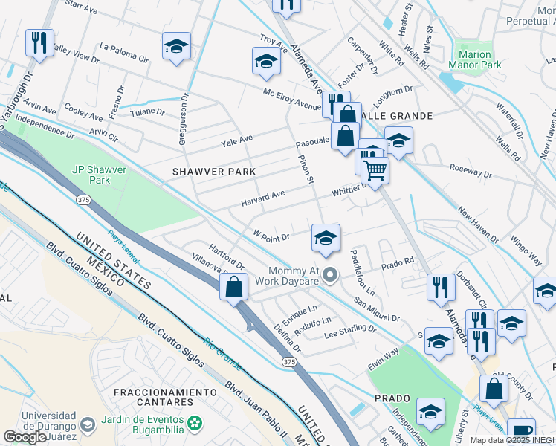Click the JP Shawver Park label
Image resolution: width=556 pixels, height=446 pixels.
click(x=99, y=175)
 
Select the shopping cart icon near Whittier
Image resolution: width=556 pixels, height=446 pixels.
click(x=375, y=170)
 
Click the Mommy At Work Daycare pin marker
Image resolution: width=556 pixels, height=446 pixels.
click(x=331, y=276)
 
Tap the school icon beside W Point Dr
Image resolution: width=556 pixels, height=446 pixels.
click(x=326, y=239)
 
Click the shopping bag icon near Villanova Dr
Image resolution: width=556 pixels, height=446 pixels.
click(x=234, y=286)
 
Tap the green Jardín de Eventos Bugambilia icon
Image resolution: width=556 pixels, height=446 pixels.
click(x=195, y=423)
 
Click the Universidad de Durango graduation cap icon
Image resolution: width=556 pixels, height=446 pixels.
click(x=87, y=424)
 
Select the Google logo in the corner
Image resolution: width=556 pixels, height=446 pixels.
click(x=25, y=437)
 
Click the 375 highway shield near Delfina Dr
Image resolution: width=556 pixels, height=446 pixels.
click(x=289, y=361)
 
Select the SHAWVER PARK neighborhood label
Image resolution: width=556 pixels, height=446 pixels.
click(x=214, y=172)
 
